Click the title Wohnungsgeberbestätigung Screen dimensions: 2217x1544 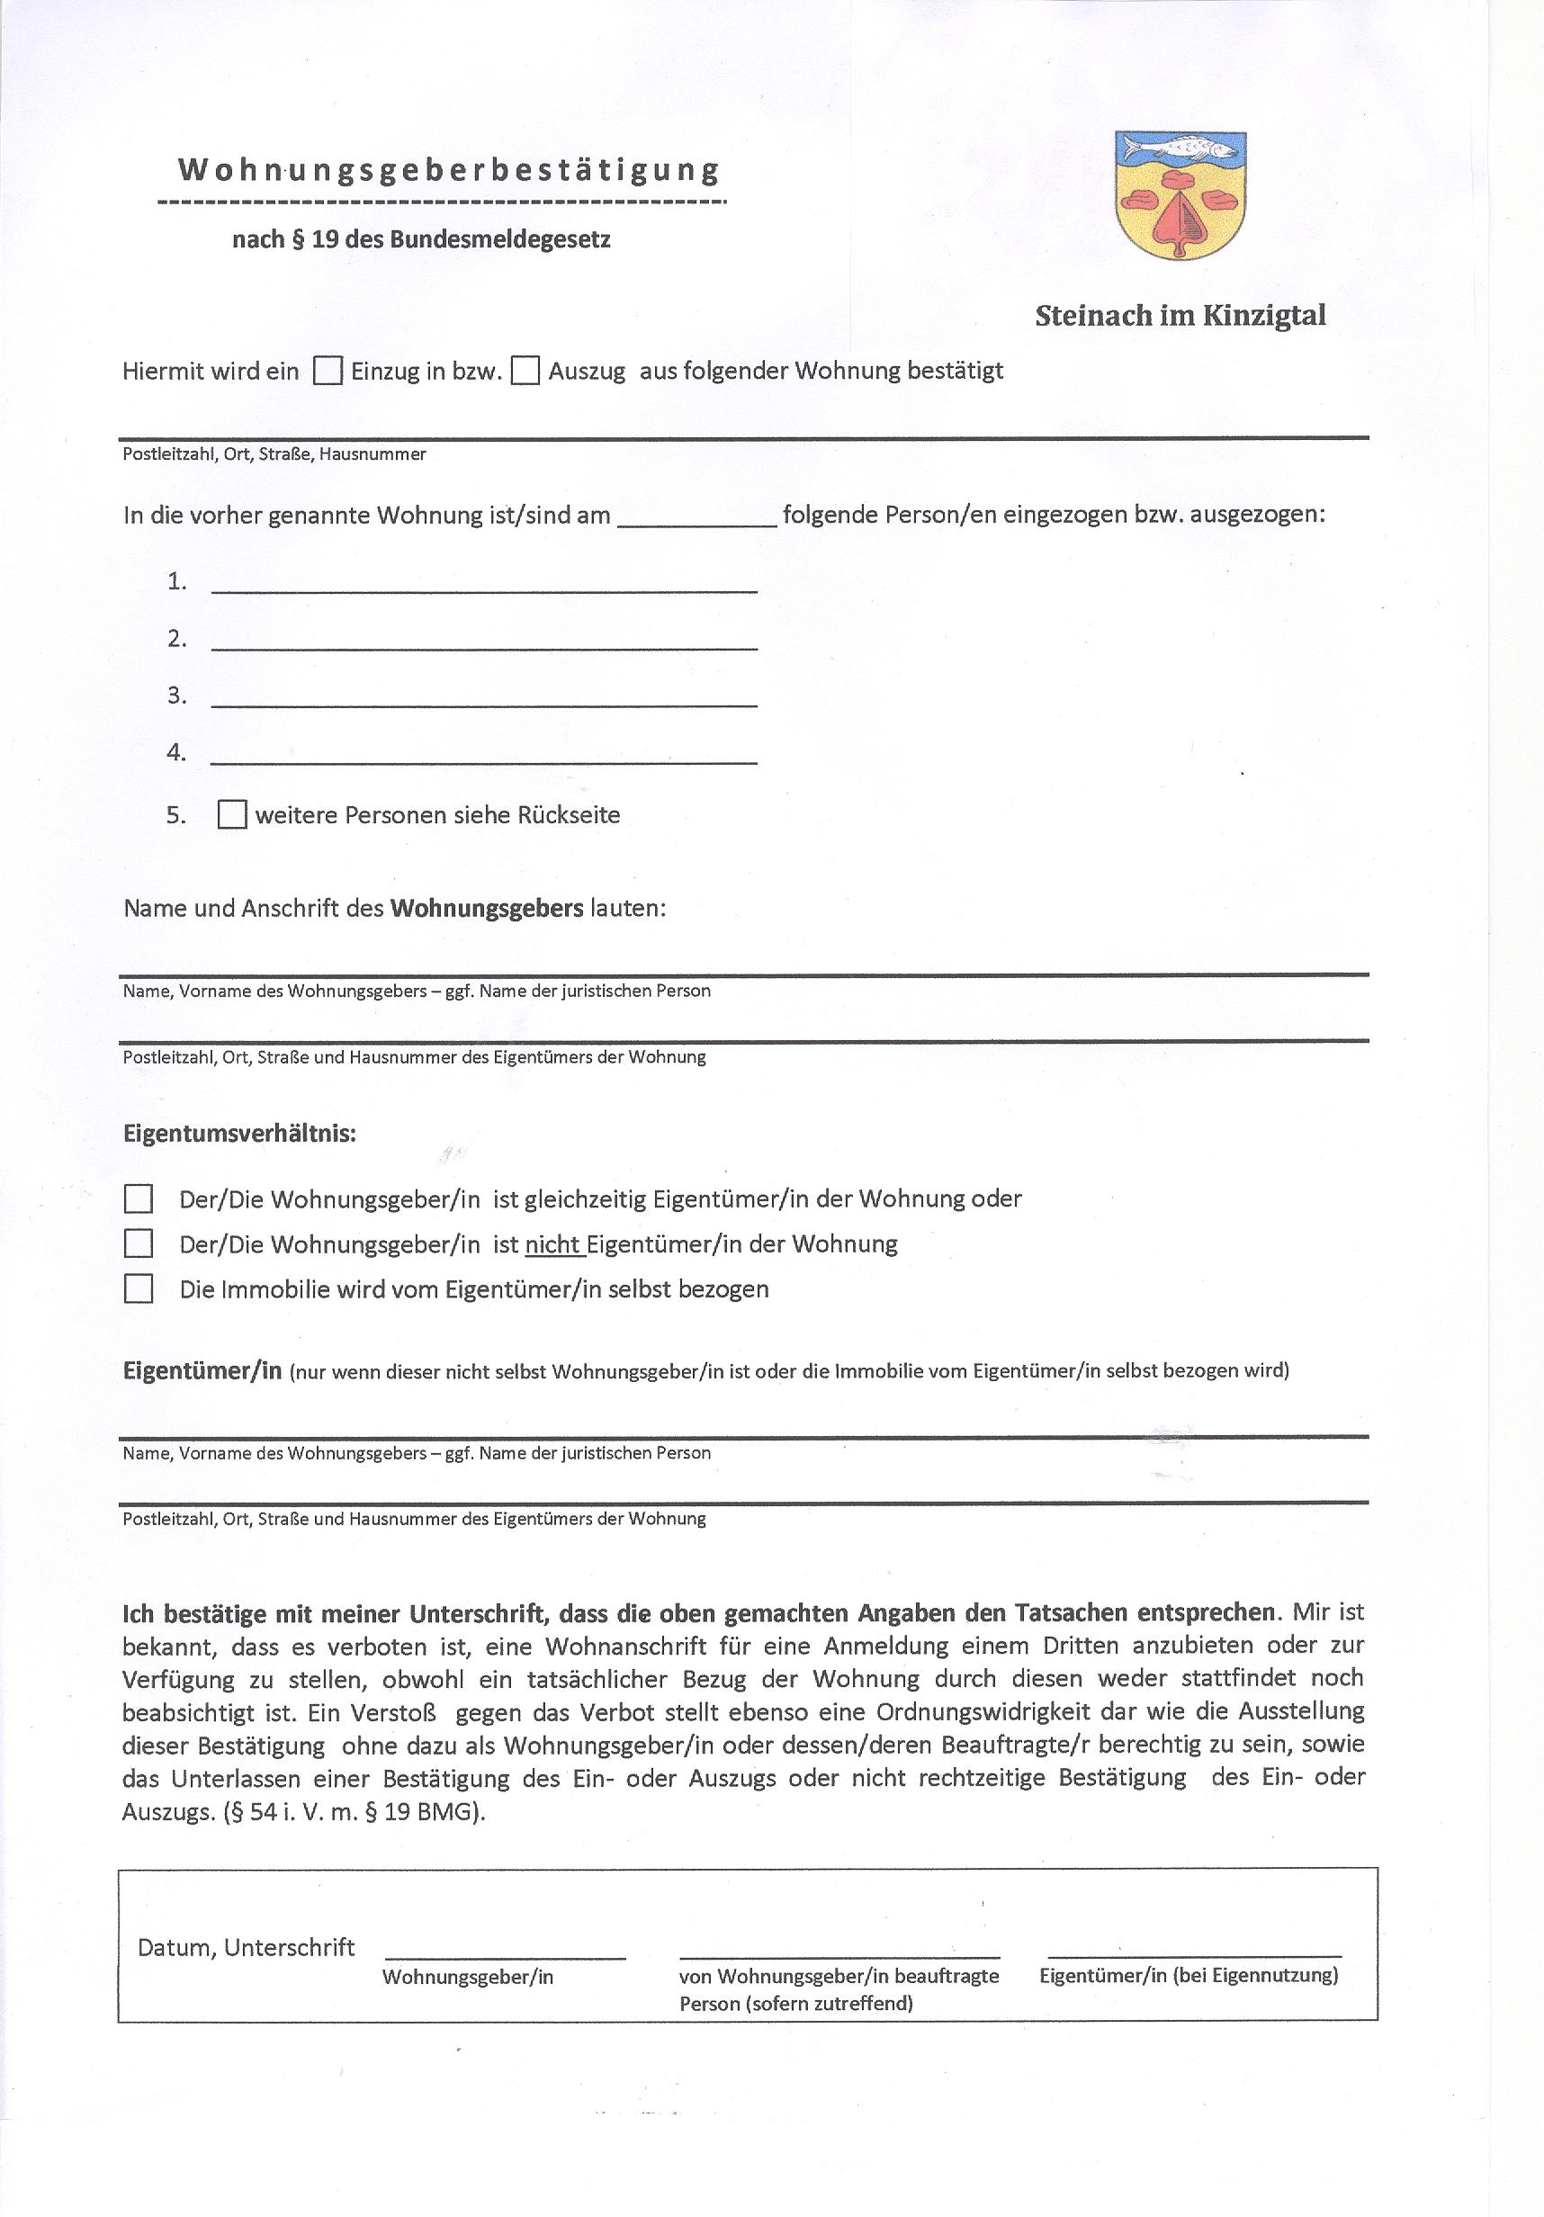click(x=449, y=170)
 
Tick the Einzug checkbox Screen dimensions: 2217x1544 click(x=328, y=371)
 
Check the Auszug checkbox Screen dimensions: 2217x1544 click(x=525, y=371)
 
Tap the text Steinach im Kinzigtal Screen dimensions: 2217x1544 click(x=1180, y=316)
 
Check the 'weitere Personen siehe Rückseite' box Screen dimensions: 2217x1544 click(x=232, y=814)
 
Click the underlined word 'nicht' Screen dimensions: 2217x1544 click(x=553, y=1244)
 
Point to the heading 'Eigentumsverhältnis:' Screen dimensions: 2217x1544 click(x=239, y=1134)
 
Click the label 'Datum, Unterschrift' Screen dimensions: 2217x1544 click(x=247, y=1947)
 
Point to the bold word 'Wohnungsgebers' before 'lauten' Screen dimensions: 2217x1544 click(x=487, y=909)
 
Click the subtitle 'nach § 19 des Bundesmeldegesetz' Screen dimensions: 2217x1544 click(x=421, y=239)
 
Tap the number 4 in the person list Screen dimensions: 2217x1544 click(x=175, y=752)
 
